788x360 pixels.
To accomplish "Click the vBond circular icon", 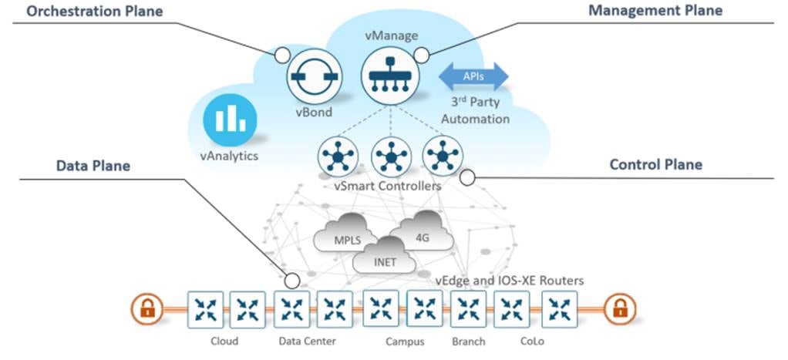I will coord(314,76).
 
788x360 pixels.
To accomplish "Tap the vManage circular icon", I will coord(389,76).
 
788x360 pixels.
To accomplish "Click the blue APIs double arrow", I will coord(473,76).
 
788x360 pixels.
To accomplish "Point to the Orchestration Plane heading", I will coord(86,11).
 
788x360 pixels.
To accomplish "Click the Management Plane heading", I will coord(655,11).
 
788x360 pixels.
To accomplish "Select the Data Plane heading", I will coord(93,166).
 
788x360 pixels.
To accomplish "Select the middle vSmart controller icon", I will coord(390,157).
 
